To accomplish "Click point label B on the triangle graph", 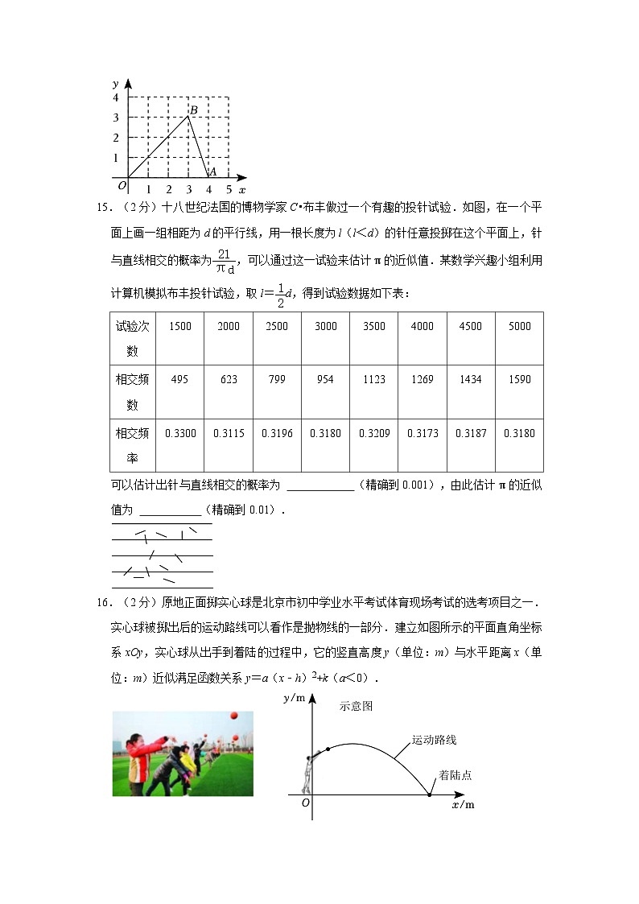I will click(194, 109).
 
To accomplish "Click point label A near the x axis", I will click(212, 171).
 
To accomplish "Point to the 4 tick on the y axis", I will click(116, 97).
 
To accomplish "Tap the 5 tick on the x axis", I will click(229, 189).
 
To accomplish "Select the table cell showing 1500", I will click(180, 326).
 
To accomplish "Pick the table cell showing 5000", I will click(519, 326).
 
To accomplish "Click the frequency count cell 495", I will click(180, 379).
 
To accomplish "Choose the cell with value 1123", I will click(373, 379).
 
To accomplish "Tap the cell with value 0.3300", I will click(180, 433).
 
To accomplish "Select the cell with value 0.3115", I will click(229, 433).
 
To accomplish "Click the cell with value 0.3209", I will click(373, 433).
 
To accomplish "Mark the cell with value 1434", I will click(471, 379).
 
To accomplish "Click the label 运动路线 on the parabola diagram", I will click(434, 739).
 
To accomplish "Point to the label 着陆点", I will click(455, 775).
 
